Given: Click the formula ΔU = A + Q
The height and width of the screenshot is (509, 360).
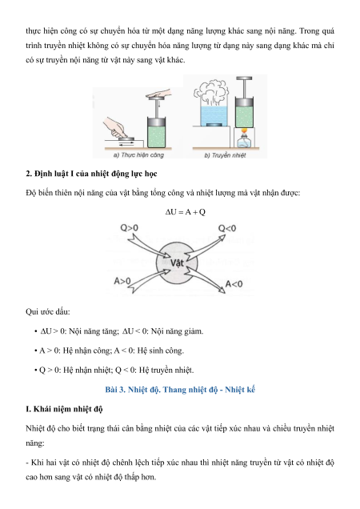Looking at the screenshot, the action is point(186,212).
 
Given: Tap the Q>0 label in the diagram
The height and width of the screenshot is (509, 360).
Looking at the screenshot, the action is point(129,228).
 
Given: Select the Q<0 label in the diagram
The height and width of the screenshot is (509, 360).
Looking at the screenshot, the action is point(227,229).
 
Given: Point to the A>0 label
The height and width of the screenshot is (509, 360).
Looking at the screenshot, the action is point(122,281).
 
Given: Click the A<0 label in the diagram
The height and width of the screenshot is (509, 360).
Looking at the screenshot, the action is point(234,284).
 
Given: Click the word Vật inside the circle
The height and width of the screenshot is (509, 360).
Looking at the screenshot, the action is point(177,263).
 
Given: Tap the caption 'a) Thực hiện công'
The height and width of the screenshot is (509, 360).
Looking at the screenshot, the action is point(138,154).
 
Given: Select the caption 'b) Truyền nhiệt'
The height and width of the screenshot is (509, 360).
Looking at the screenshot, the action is point(225,155).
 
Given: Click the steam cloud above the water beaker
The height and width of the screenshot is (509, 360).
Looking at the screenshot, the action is point(210,90).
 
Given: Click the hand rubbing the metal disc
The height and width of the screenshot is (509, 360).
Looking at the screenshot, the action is point(115,127).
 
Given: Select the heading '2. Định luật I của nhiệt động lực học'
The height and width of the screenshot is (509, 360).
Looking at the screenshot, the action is point(91,174).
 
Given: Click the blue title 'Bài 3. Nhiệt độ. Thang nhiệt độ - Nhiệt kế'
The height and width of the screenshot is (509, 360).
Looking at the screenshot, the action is point(180,389).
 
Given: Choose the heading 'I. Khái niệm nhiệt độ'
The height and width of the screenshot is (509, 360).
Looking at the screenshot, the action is point(64,409).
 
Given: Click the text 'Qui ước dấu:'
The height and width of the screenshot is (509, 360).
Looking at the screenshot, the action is point(48,311).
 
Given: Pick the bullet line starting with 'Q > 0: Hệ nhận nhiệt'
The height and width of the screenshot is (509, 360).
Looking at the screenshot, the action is point(114,370).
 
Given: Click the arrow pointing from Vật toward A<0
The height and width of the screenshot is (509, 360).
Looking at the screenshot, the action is point(205,280).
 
